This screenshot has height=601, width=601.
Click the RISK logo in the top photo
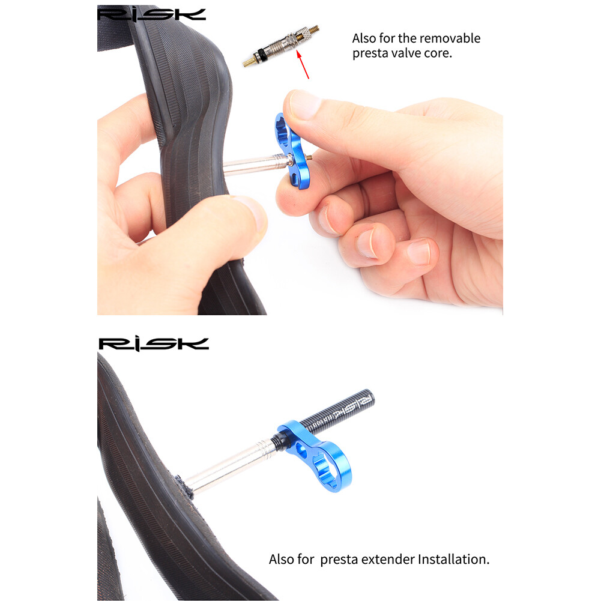pos(151,14)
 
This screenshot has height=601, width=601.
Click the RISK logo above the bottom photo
pos(154,344)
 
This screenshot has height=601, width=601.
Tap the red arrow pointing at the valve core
pos(303,65)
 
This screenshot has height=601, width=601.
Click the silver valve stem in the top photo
pos(252,164)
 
